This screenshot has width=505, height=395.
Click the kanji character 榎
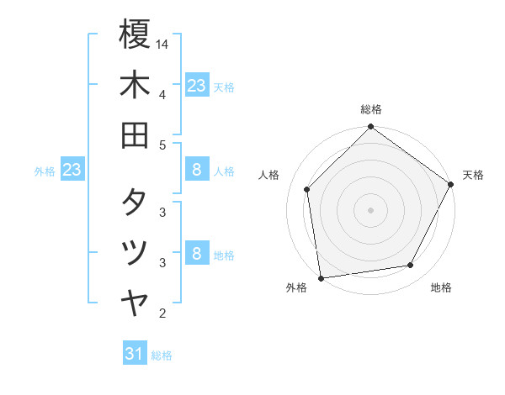[x=135, y=34]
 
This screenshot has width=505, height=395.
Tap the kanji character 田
[x=135, y=134]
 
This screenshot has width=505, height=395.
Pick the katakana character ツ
[x=135, y=251]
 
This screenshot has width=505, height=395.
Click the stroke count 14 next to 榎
[x=162, y=43]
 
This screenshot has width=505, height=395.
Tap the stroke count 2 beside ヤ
[x=162, y=313]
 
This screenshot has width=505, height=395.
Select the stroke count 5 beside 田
[x=162, y=145]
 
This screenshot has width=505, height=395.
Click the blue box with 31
[x=135, y=354]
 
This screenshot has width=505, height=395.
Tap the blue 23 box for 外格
[x=72, y=171]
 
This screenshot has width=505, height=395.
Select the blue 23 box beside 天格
[x=197, y=86]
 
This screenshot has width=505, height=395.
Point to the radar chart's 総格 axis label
[x=370, y=110]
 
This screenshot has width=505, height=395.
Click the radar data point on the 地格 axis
[x=411, y=266]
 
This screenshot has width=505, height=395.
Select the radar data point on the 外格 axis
[x=322, y=277]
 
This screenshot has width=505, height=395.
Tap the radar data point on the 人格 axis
[x=307, y=190]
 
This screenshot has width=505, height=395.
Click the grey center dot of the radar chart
[x=370, y=209]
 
